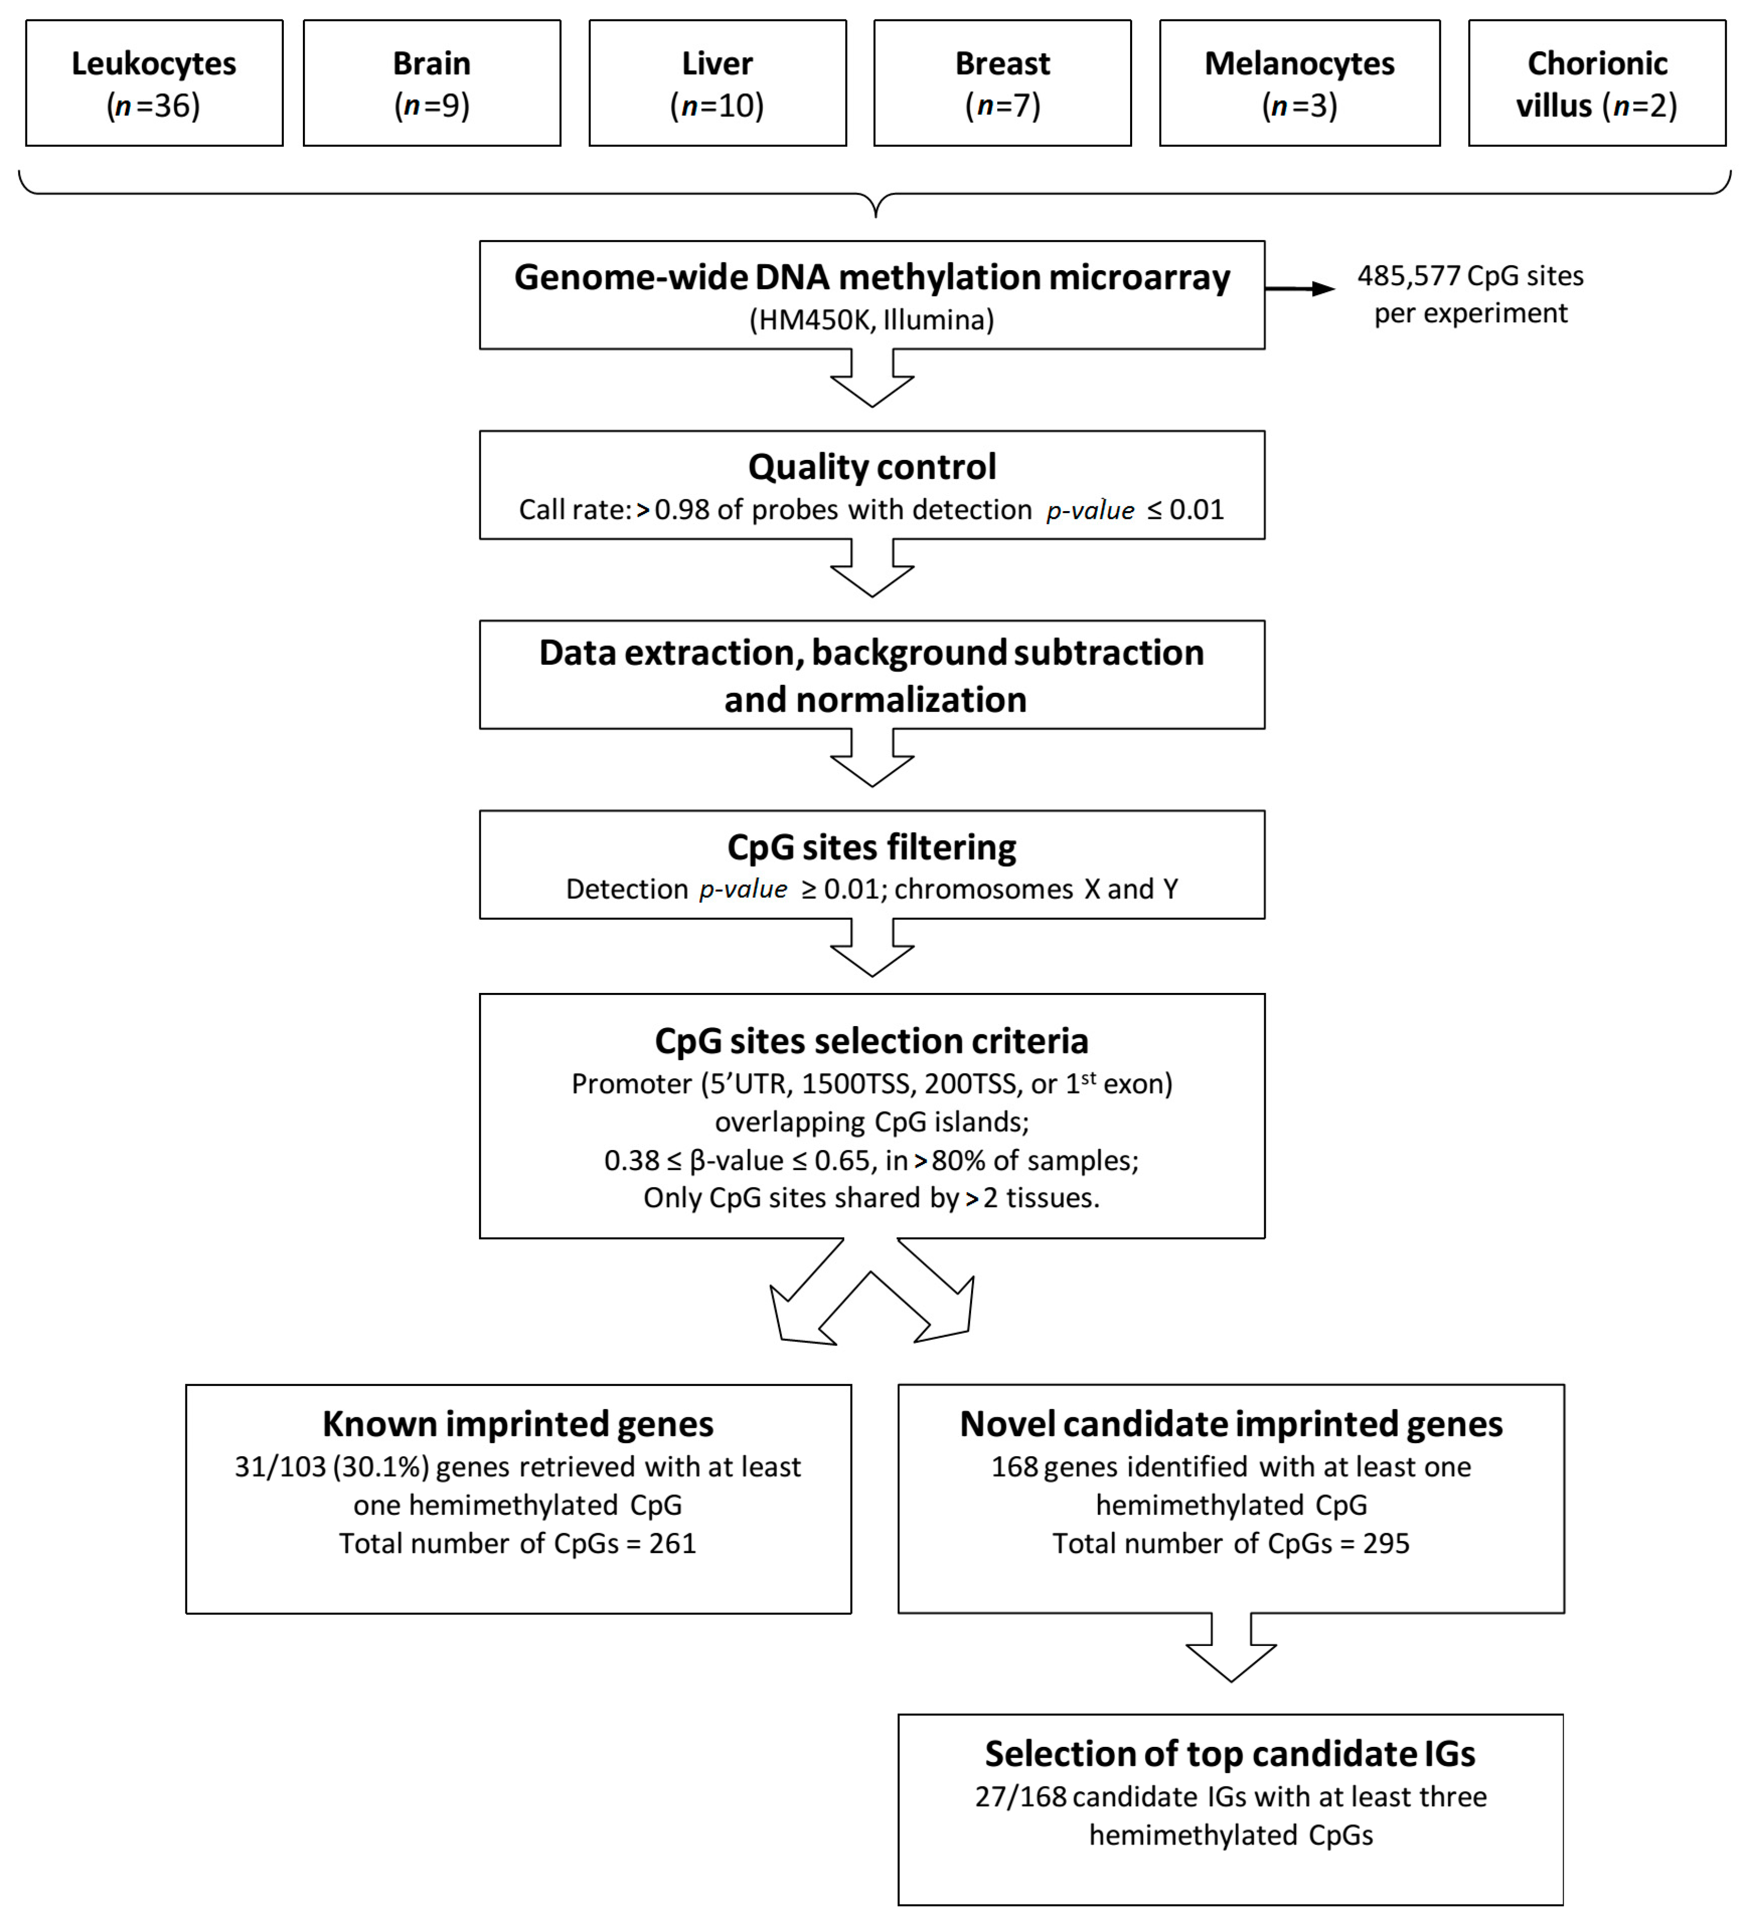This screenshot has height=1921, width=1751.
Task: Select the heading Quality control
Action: click(871, 467)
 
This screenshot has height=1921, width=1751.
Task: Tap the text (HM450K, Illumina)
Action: click(871, 320)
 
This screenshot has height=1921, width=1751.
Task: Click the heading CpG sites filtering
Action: click(871, 847)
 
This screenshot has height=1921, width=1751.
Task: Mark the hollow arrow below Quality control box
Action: click(871, 570)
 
